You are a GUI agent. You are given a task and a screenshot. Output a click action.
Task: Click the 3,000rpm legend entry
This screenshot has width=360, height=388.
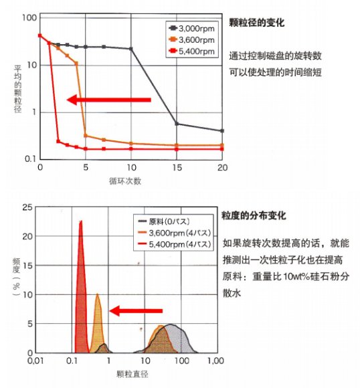(x=191, y=29)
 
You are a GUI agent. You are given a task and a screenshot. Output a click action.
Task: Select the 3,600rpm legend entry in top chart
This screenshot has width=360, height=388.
(x=191, y=39)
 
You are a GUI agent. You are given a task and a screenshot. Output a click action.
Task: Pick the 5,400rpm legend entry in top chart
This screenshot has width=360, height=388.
(x=191, y=51)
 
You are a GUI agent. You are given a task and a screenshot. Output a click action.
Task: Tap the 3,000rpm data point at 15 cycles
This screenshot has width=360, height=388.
(x=177, y=124)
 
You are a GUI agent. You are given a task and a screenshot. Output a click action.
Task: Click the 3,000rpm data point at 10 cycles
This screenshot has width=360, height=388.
(x=131, y=49)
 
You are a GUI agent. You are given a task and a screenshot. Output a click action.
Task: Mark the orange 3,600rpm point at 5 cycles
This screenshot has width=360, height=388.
(x=86, y=135)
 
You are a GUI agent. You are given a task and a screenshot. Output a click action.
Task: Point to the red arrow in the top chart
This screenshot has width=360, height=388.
(x=109, y=100)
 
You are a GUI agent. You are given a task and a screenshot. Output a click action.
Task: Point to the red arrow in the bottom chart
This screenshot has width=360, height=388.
(x=136, y=311)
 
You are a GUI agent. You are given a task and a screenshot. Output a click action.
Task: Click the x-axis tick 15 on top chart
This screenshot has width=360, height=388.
(x=177, y=168)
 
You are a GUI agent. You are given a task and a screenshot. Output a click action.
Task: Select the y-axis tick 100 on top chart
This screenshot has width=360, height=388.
(x=29, y=18)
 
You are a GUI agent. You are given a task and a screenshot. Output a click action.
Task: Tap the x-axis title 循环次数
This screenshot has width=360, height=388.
(x=125, y=181)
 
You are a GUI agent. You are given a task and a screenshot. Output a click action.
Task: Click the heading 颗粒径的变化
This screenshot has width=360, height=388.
(x=256, y=23)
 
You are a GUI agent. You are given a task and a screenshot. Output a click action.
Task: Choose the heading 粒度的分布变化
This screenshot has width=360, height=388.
(x=254, y=215)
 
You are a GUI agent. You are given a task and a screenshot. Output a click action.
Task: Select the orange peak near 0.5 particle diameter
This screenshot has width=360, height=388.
(x=98, y=322)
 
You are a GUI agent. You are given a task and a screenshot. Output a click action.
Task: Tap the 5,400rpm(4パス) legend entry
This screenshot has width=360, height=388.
(x=174, y=244)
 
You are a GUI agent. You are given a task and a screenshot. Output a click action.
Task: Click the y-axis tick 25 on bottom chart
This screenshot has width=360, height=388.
(x=27, y=207)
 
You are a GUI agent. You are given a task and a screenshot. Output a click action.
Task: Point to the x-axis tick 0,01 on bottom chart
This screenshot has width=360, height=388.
(x=35, y=361)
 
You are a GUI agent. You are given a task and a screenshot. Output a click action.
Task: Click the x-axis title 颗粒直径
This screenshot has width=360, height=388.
(x=132, y=374)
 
